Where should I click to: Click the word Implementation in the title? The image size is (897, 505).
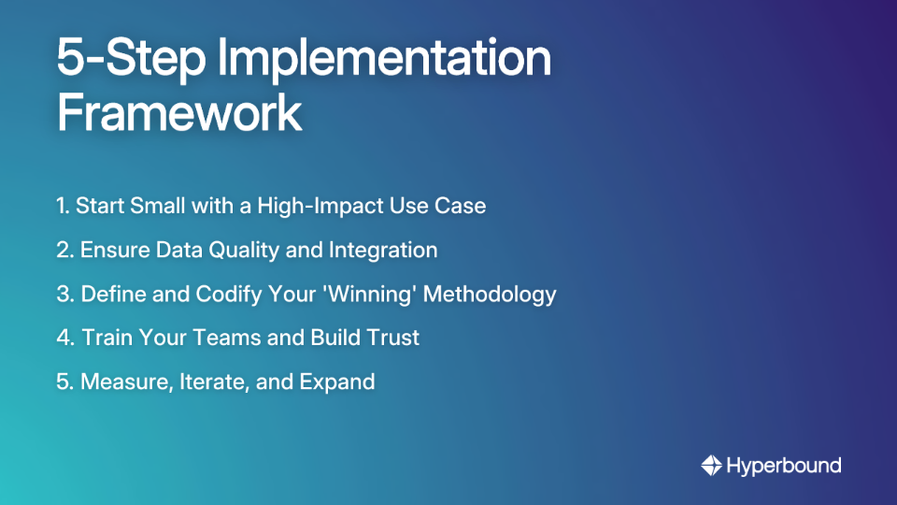(x=384, y=58)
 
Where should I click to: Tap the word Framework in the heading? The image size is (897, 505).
(x=178, y=113)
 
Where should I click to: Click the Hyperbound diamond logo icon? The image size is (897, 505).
(x=711, y=465)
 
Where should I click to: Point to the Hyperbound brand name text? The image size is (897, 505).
(x=784, y=465)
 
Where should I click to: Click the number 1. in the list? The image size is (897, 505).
(x=64, y=206)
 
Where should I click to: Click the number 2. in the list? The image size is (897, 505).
(x=65, y=251)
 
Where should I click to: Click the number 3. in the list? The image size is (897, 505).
(x=65, y=295)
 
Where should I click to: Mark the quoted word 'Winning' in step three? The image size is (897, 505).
(x=377, y=295)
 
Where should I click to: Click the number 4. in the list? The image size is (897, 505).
(x=66, y=339)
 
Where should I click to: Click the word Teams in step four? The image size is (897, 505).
(x=226, y=339)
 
